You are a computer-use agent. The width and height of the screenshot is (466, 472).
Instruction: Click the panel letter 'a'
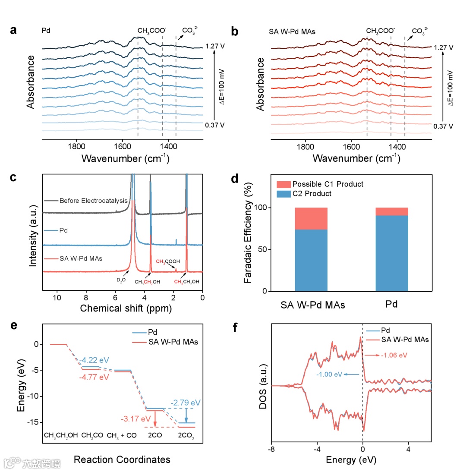pyautogui.click(x=14, y=31)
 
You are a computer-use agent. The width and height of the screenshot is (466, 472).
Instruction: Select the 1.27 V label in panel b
pyautogui.click(x=444, y=47)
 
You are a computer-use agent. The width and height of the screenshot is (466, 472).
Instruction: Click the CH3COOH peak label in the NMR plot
pyautogui.click(x=164, y=261)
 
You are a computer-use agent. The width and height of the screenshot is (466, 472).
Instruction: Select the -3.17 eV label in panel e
pyautogui.click(x=133, y=418)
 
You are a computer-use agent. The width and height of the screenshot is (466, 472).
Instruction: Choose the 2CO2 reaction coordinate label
pyautogui.click(x=186, y=435)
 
